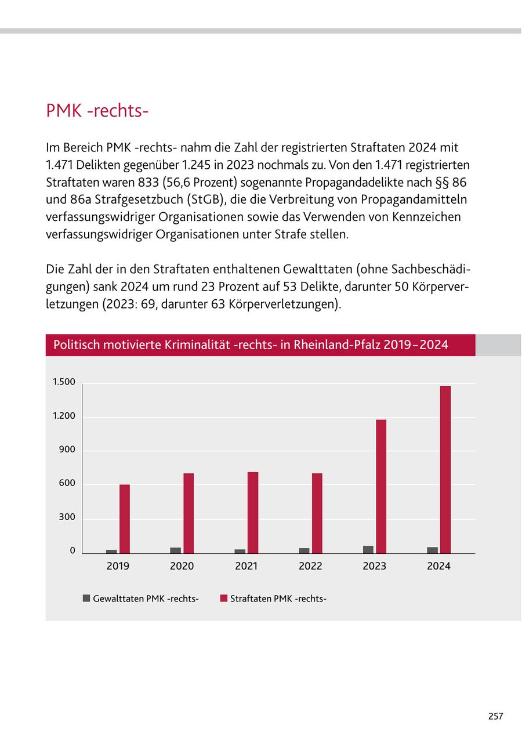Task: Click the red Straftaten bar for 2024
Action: pyautogui.click(x=445, y=470)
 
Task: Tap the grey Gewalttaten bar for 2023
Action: pyautogui.click(x=368, y=549)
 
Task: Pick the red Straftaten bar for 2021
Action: pyautogui.click(x=253, y=513)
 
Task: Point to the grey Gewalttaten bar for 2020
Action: pyautogui.click(x=175, y=550)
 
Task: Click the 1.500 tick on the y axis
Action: pyautogui.click(x=64, y=382)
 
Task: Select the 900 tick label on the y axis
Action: pyautogui.click(x=67, y=450)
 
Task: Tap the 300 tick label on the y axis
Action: pyautogui.click(x=67, y=517)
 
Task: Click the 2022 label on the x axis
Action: pyautogui.click(x=310, y=566)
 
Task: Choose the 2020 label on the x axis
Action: pyautogui.click(x=182, y=566)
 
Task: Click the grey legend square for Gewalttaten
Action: pyautogui.click(x=86, y=598)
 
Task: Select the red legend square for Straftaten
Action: pyautogui.click(x=223, y=598)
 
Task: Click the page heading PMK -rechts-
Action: pyautogui.click(x=97, y=110)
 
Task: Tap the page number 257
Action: pyautogui.click(x=495, y=716)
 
